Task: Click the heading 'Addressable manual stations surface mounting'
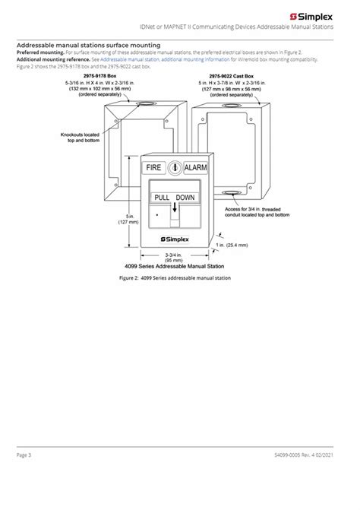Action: (x=87, y=45)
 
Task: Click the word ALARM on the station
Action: (x=197, y=166)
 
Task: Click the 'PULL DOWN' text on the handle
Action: (x=174, y=197)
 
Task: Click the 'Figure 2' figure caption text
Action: (x=175, y=278)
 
